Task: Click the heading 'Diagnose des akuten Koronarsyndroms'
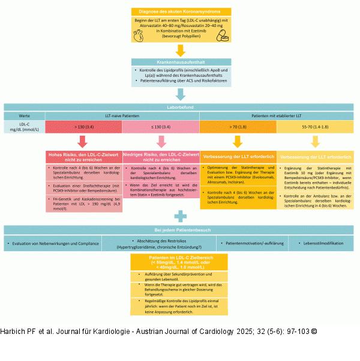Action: [x=181, y=12]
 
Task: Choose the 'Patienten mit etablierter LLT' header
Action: [x=277, y=115]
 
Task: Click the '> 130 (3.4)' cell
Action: [x=84, y=127]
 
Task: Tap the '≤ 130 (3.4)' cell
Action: [x=161, y=127]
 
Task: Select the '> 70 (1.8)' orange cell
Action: [x=238, y=127]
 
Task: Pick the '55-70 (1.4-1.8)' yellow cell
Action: [x=315, y=127]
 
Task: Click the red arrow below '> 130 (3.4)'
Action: [x=84, y=141]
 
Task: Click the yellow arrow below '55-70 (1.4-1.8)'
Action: [x=315, y=141]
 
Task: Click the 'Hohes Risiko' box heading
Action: [x=84, y=157]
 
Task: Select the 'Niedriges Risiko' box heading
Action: [x=161, y=157]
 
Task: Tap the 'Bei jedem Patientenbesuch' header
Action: [x=179, y=231]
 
